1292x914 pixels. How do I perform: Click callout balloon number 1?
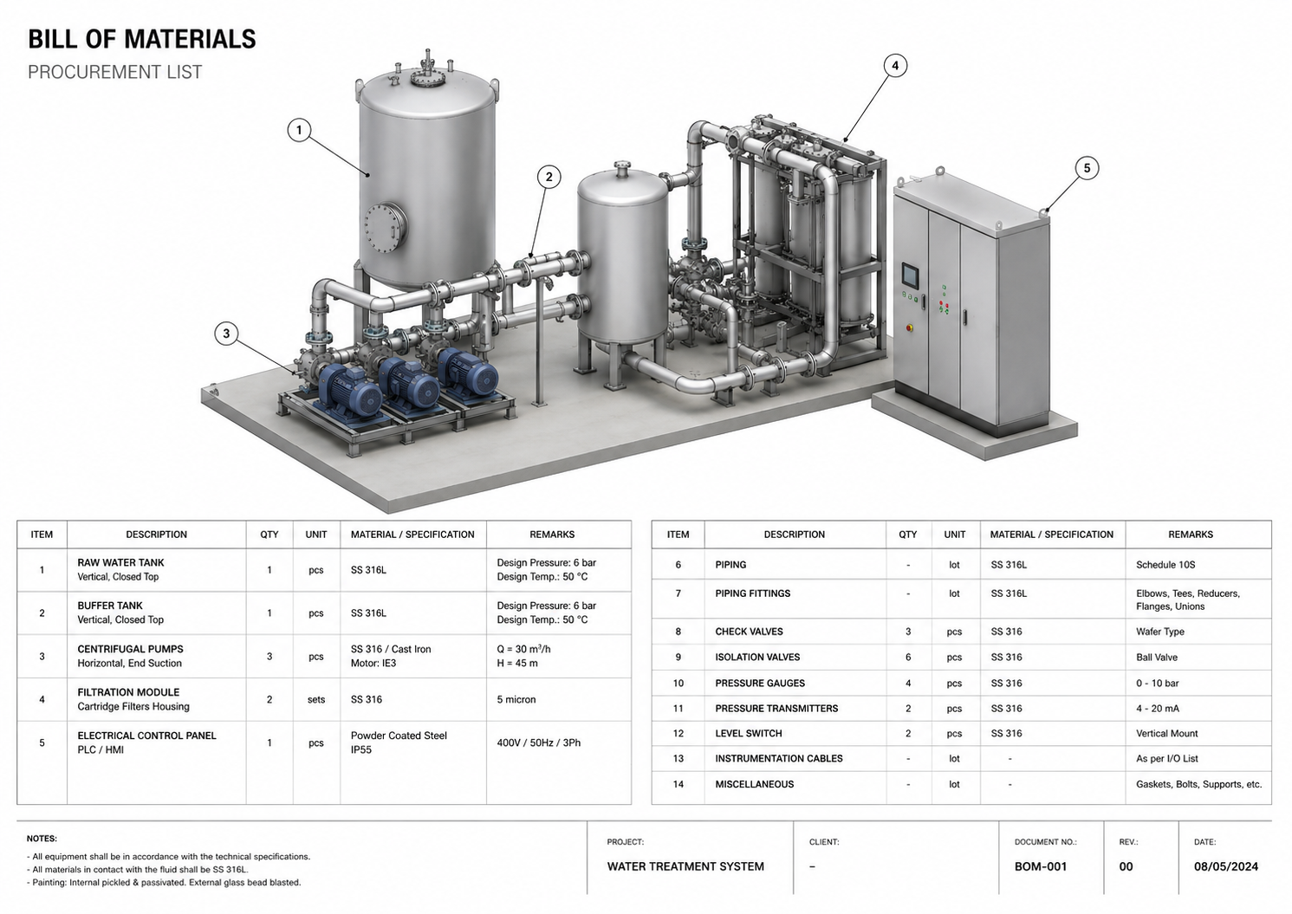tap(299, 130)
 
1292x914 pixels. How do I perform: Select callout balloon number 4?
tap(894, 66)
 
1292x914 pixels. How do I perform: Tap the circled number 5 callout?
tap(1087, 168)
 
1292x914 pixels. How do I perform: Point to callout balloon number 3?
tap(226, 334)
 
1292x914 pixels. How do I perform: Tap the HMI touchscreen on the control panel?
tap(910, 275)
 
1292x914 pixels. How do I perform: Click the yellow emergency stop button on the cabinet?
tap(910, 327)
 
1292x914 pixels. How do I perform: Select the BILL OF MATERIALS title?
tap(142, 39)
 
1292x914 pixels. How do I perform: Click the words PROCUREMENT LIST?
tap(114, 72)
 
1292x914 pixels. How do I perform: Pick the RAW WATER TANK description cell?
tap(120, 569)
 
